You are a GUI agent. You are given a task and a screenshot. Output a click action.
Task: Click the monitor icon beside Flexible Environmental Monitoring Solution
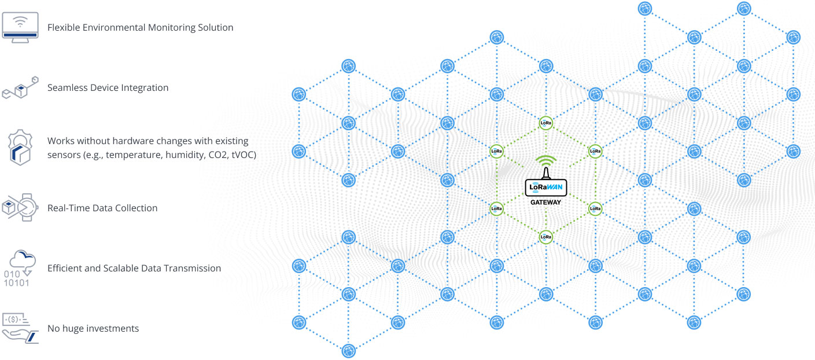(20, 27)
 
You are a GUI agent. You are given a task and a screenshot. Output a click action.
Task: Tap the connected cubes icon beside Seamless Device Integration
(20, 88)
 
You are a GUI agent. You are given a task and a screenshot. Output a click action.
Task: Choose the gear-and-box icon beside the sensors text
(20, 148)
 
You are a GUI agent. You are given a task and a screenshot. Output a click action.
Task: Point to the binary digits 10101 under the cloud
(16, 283)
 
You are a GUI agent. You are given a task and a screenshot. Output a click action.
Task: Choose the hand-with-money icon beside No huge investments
(20, 328)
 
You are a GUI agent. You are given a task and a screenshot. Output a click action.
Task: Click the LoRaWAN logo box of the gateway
(546, 188)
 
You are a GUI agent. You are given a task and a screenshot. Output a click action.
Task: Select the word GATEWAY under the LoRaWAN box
(546, 203)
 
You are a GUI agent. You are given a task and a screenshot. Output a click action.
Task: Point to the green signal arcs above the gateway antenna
(546, 160)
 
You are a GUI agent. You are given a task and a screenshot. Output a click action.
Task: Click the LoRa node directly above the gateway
(546, 123)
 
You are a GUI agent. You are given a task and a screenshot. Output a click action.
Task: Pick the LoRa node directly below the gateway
(546, 237)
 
